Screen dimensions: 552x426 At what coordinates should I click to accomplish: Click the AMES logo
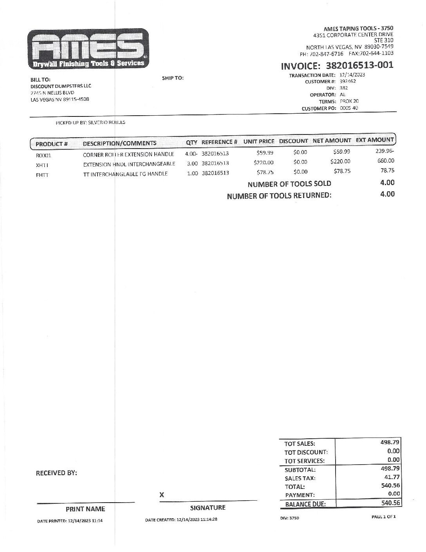pos(88,48)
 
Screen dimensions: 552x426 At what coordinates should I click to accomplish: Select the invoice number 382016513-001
pos(359,65)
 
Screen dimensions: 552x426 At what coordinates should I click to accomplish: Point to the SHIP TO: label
pos(173,78)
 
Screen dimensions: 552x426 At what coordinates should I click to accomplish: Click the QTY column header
pos(192,142)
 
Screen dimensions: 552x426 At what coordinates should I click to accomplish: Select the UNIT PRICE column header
pos(259,141)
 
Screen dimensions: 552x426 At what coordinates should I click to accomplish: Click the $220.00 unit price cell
pos(264,162)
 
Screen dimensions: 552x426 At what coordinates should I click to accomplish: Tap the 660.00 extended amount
pos(386,161)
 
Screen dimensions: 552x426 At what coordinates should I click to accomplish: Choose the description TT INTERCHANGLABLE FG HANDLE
pos(125,174)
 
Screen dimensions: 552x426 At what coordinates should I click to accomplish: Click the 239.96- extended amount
pos(384,151)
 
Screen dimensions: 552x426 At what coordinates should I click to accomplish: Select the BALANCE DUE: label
pos(305,504)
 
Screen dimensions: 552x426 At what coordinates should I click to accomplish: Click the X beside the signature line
pos(161,495)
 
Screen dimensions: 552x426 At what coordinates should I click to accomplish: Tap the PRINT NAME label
pos(85,509)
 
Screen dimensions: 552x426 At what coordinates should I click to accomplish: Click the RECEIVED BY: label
pos(56,473)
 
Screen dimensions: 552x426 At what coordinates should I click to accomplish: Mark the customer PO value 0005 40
pos(349,108)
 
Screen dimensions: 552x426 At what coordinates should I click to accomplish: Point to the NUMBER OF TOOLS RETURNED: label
pos(279,196)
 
